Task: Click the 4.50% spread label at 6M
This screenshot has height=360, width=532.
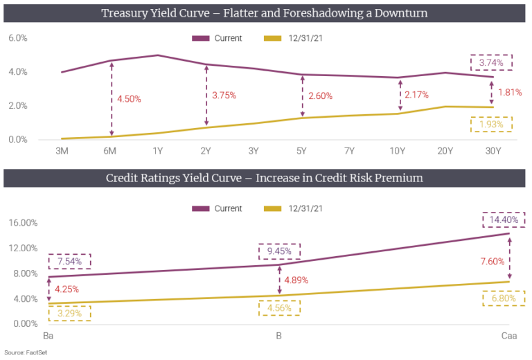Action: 129,99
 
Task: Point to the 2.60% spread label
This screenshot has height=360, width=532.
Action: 319,96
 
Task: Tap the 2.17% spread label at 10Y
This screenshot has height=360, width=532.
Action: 416,95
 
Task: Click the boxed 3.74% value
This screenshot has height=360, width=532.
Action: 490,62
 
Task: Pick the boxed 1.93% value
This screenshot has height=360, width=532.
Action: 490,124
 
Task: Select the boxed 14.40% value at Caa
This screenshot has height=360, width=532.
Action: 504,219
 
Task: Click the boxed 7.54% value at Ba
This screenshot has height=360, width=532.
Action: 69,262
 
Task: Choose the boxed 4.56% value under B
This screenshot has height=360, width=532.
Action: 279,307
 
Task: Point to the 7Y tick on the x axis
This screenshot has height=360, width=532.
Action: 349,150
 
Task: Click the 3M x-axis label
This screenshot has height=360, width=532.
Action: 62,150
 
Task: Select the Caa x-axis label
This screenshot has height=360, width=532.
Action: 509,336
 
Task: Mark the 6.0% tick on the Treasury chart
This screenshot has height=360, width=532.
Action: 17,38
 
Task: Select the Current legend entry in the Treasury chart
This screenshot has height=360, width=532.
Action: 219,38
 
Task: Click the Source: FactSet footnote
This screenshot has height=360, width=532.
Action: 24,352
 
